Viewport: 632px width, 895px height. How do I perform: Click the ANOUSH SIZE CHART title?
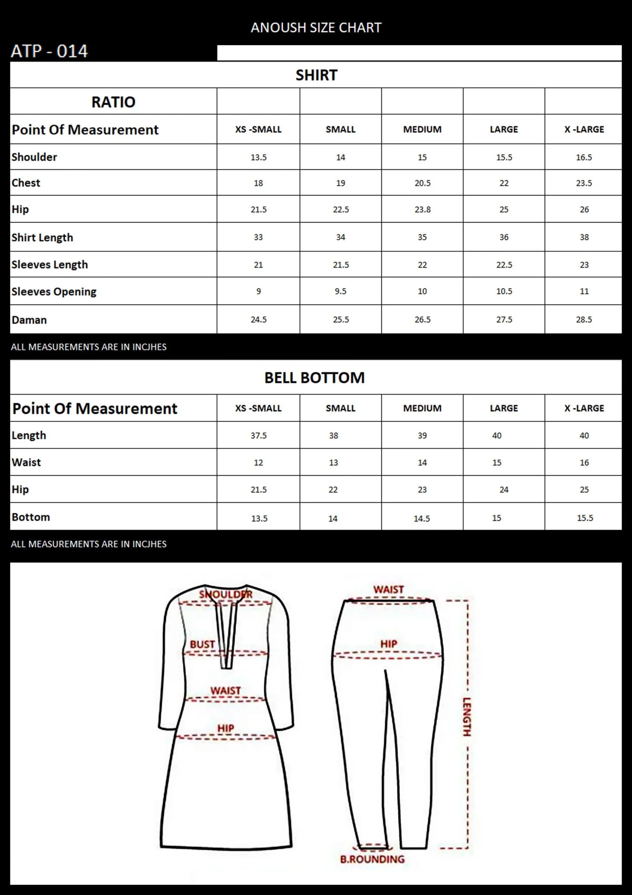point(316,28)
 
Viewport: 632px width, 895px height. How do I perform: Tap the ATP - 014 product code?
point(49,51)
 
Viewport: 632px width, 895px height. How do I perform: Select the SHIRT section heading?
point(316,75)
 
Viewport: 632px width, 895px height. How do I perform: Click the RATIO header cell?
point(113,102)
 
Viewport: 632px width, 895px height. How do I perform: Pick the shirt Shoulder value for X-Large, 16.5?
point(584,157)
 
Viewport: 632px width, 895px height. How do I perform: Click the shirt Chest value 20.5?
point(422,183)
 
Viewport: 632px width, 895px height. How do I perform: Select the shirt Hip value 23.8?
point(422,210)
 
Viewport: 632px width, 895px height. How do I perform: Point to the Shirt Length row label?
point(42,237)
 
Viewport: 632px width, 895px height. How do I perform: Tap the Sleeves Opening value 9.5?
point(340,291)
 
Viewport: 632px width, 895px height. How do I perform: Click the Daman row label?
point(29,320)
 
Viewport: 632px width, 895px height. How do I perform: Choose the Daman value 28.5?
point(584,320)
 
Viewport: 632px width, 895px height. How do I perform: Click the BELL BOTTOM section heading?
point(314,378)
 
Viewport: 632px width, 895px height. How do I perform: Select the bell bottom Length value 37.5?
point(258,435)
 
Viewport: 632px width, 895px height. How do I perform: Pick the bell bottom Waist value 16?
point(584,463)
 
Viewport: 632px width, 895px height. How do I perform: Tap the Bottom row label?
point(31,517)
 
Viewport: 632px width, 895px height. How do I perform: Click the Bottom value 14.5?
point(421,518)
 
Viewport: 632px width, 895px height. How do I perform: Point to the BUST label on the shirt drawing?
point(202,644)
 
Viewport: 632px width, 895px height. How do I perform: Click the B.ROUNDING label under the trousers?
point(372,859)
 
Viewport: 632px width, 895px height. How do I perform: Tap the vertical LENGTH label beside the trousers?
point(467,717)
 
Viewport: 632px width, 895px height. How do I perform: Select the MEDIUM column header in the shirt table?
point(422,129)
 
